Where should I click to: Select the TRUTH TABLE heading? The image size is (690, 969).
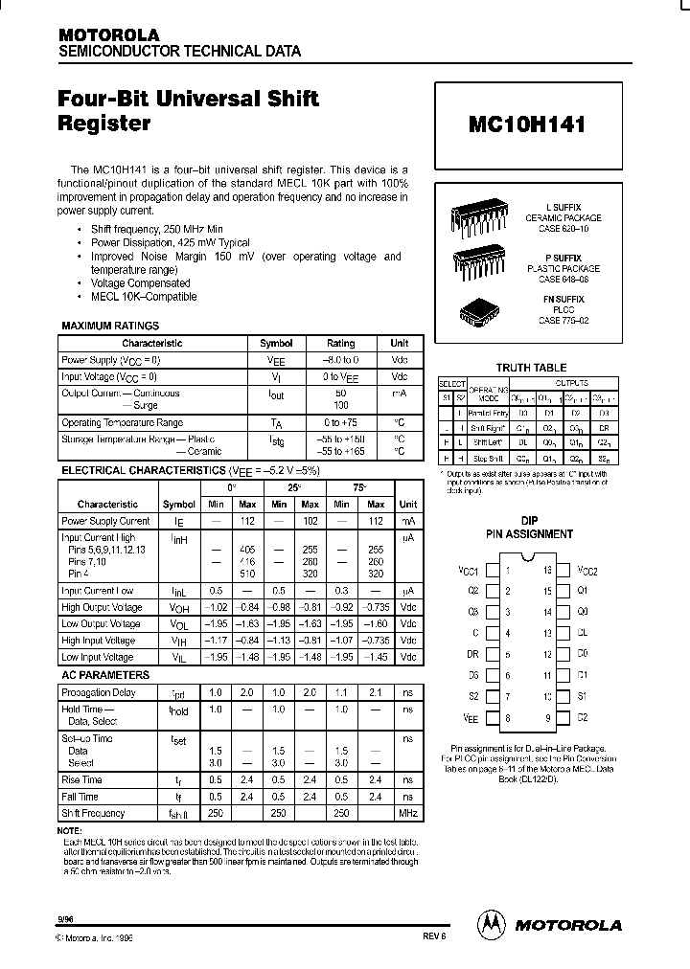pos(530,368)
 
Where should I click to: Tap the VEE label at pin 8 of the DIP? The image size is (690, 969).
pos(470,717)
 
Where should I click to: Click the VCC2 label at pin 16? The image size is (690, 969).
pos(587,570)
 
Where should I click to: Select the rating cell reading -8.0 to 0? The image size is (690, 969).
pos(340,359)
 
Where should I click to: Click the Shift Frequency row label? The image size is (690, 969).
pos(93,813)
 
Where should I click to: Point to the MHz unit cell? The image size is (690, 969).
pos(407,813)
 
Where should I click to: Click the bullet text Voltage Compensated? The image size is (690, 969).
pos(140,283)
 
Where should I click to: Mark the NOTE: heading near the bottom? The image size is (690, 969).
pos(71,830)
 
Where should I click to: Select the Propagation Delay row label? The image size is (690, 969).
pos(99,691)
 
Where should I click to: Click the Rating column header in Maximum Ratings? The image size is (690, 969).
pos(340,343)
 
